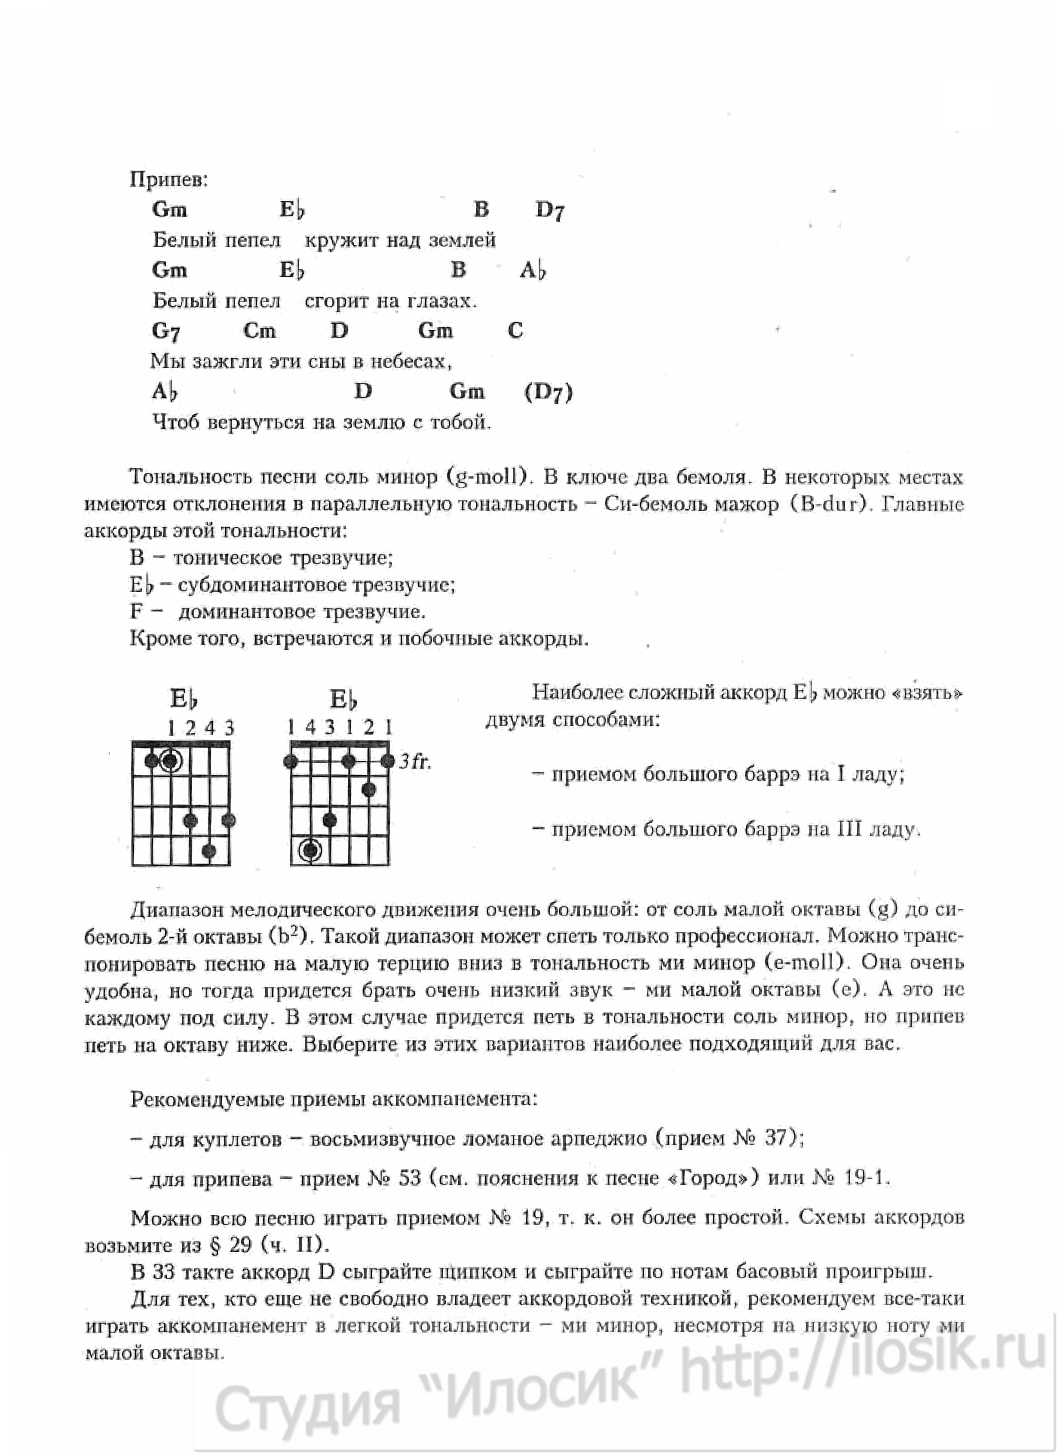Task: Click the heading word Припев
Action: click(169, 179)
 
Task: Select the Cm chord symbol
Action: click(260, 331)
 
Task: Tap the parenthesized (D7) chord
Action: click(548, 392)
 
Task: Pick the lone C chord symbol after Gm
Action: click(515, 331)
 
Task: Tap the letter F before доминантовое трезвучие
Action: click(136, 611)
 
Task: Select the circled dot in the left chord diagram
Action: click(170, 761)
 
